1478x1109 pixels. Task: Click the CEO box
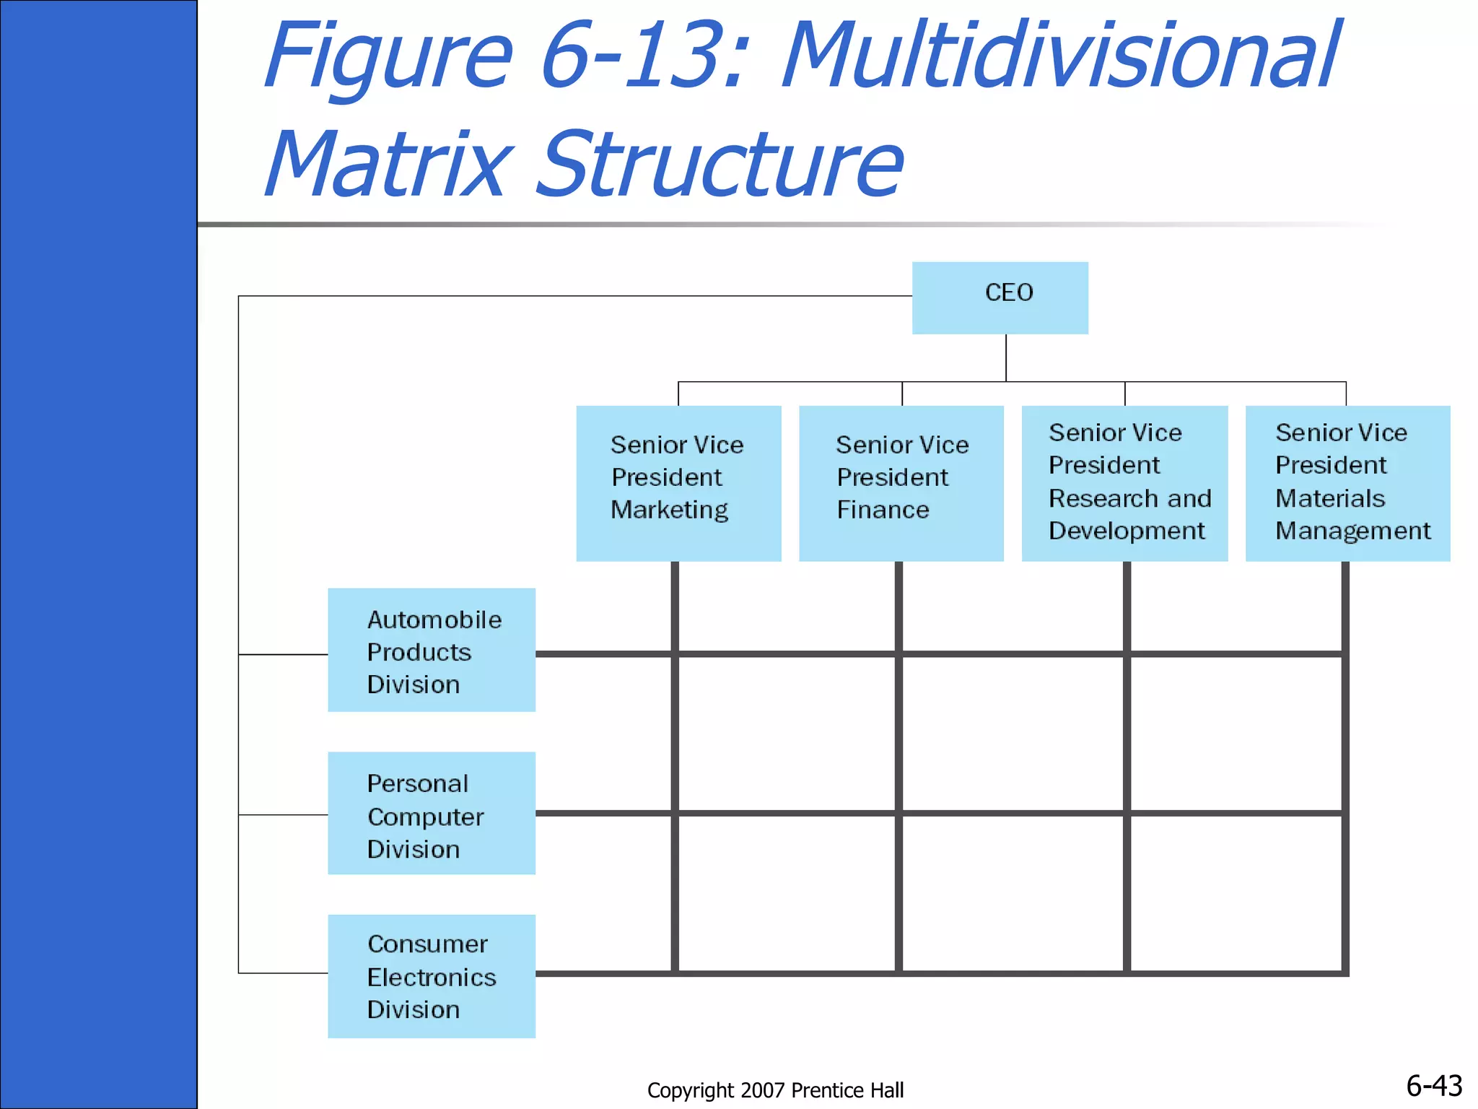pyautogui.click(x=1000, y=297)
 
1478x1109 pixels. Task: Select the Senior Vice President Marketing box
pyautogui.click(x=678, y=483)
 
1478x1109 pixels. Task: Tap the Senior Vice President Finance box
pyautogui.click(x=901, y=483)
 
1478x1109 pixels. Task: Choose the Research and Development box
pyautogui.click(x=1124, y=483)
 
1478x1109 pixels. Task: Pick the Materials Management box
pyautogui.click(x=1347, y=483)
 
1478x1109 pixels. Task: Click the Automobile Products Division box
pyautogui.click(x=432, y=650)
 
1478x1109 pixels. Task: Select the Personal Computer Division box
pyautogui.click(x=432, y=813)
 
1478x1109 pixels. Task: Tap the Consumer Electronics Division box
pyautogui.click(x=432, y=976)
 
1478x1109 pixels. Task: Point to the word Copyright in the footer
pyautogui.click(x=690, y=1090)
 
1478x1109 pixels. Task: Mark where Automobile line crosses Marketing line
pyautogui.click(x=675, y=654)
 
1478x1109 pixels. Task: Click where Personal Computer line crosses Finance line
pyautogui.click(x=898, y=813)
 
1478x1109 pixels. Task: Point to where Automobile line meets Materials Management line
pyautogui.click(x=1345, y=654)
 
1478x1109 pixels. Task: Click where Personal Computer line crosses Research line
pyautogui.click(x=1127, y=813)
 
